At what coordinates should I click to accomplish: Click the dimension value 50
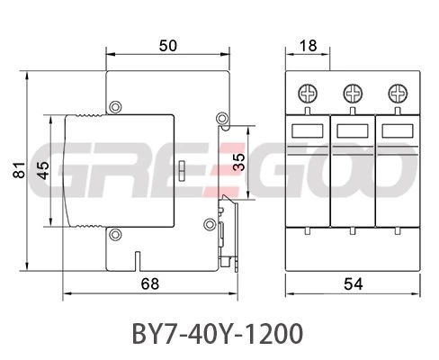tap(168, 46)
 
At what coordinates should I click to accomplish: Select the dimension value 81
tap(19, 170)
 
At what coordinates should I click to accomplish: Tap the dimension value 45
tap(43, 170)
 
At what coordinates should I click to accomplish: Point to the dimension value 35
tap(238, 162)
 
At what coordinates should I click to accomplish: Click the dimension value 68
tap(150, 283)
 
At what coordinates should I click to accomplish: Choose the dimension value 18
tap(308, 46)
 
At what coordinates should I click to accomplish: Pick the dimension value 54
tap(354, 283)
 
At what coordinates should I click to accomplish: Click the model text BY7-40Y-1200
tap(218, 333)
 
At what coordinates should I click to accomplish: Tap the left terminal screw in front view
tap(308, 94)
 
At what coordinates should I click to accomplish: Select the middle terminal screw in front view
tap(353, 94)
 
